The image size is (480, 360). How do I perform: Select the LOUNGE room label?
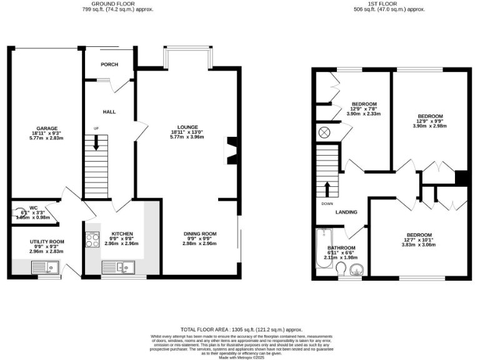[187, 127]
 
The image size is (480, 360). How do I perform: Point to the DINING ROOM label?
[200, 234]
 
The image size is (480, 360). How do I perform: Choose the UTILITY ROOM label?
[47, 241]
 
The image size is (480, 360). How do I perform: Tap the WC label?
[33, 207]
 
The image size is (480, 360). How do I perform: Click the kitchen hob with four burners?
[92, 240]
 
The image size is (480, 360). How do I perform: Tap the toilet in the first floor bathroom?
[341, 269]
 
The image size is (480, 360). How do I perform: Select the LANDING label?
[346, 212]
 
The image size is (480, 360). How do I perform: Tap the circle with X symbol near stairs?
[325, 132]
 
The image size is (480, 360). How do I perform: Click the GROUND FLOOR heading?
[117, 4]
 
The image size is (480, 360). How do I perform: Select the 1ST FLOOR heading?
[389, 4]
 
